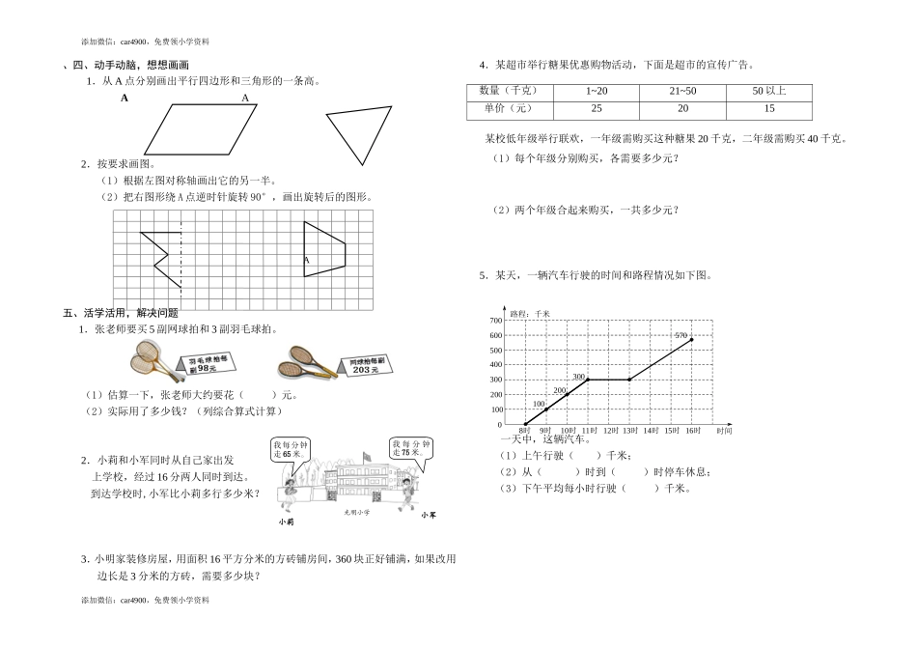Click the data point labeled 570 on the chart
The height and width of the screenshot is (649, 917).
pyautogui.click(x=691, y=340)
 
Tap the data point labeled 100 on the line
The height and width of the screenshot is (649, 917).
pyautogui.click(x=546, y=409)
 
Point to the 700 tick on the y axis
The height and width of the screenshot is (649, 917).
pyautogui.click(x=496, y=320)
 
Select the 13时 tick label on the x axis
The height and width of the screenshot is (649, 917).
pyautogui.click(x=629, y=429)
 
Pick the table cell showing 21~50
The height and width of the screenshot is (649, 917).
pyautogui.click(x=682, y=91)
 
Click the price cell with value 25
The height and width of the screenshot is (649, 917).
pyautogui.click(x=597, y=108)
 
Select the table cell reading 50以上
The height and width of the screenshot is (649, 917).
pyautogui.click(x=768, y=91)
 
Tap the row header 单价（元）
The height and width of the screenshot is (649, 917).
pyautogui.click(x=506, y=108)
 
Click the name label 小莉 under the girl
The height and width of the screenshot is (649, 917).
pyautogui.click(x=284, y=522)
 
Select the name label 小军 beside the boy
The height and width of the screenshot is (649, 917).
pyautogui.click(x=429, y=515)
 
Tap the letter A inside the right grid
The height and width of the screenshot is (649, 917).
pyautogui.click(x=306, y=260)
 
